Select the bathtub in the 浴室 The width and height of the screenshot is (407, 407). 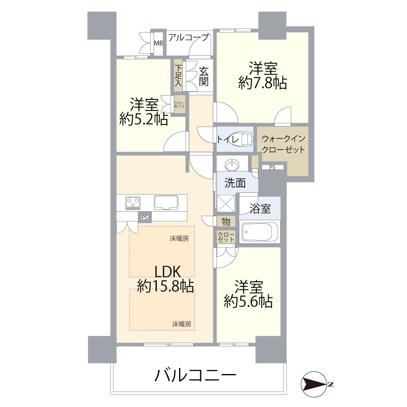pos(259,232)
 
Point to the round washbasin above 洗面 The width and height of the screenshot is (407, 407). pos(232,165)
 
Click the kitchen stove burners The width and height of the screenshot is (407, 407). pos(133,202)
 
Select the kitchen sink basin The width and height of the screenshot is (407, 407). pos(166,202)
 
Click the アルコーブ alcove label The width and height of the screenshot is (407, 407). pos(188,37)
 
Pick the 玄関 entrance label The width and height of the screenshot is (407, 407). pos(204,76)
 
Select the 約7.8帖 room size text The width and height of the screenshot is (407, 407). pos(263,83)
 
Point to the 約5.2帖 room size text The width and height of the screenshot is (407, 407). pos(144,119)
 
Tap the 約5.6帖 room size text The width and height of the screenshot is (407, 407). pos(248,301)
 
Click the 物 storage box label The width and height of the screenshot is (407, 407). pos(226,222)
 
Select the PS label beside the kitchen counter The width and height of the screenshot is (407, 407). pos(144,218)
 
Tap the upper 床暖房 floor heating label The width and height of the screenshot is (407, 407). pos(179,239)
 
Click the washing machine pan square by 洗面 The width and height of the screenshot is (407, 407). pos(226,203)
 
